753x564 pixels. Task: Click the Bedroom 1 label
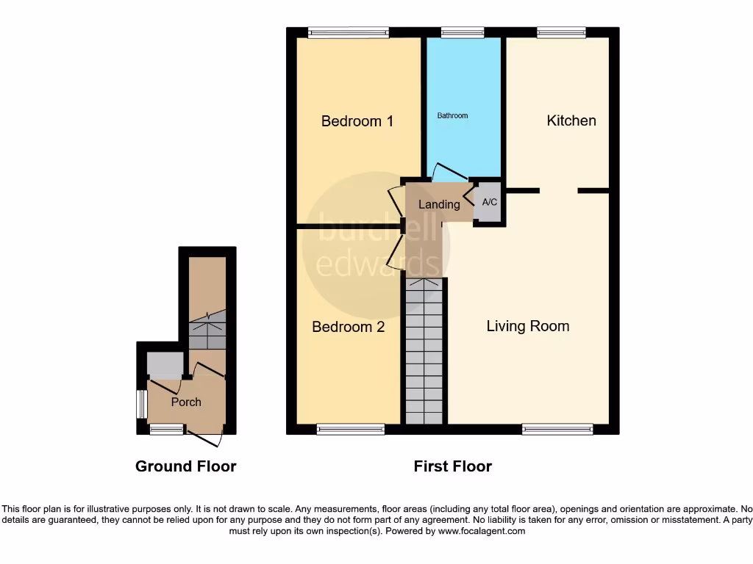[357, 121]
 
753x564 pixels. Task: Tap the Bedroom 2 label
[348, 327]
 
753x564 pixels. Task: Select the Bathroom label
[452, 115]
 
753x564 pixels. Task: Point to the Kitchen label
[571, 120]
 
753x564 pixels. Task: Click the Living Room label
[527, 326]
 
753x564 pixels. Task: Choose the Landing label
[439, 204]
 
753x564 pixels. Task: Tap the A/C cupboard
[489, 202]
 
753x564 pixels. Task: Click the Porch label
[186, 402]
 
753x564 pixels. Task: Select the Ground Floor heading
[185, 466]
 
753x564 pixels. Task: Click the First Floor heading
[452, 466]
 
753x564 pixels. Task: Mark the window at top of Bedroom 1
[348, 32]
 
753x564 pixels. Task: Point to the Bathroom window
[463, 32]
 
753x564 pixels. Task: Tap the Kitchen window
[561, 32]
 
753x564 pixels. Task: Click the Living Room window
[557, 429]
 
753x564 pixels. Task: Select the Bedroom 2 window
[351, 429]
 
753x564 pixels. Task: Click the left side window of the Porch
[141, 402]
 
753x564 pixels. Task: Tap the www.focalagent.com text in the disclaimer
[482, 531]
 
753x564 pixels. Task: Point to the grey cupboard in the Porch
[165, 364]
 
